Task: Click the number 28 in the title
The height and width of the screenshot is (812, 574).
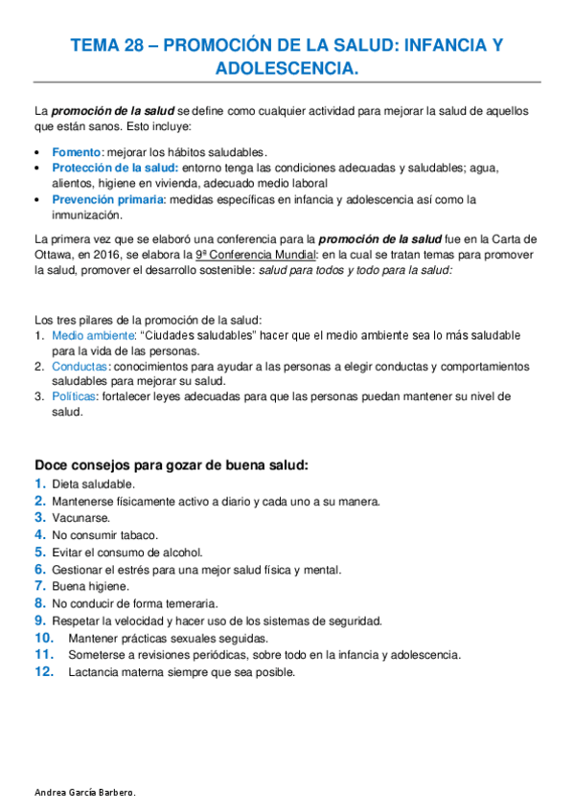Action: click(x=134, y=45)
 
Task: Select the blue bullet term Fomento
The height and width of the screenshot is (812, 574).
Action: click(x=76, y=151)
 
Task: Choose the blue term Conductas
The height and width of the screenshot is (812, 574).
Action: click(x=80, y=367)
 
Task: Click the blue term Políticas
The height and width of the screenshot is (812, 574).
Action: click(x=75, y=397)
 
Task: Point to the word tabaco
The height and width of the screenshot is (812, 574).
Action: click(x=139, y=534)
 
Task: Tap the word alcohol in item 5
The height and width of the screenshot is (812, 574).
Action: click(x=184, y=552)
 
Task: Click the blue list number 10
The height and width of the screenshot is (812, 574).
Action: click(x=44, y=638)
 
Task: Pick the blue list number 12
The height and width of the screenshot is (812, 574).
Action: click(x=44, y=672)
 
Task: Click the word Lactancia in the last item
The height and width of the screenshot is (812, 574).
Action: click(x=94, y=672)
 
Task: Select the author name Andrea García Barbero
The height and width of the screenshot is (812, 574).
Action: click(x=84, y=793)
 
